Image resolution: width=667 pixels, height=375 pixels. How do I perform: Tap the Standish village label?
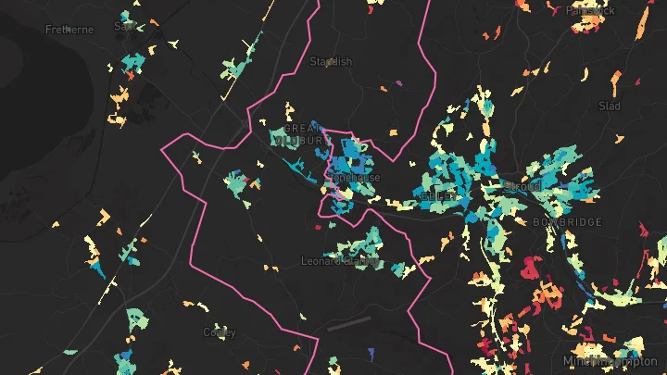(331, 62)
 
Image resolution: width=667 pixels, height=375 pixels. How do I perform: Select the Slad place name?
(609, 106)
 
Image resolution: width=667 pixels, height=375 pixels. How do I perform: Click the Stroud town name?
(522, 186)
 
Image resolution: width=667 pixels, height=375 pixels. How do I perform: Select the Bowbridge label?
(567, 222)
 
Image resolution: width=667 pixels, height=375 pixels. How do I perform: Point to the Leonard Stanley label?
(340, 261)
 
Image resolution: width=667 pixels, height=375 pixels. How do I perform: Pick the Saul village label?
(124, 26)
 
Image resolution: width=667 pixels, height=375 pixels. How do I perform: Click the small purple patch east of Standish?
(399, 82)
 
